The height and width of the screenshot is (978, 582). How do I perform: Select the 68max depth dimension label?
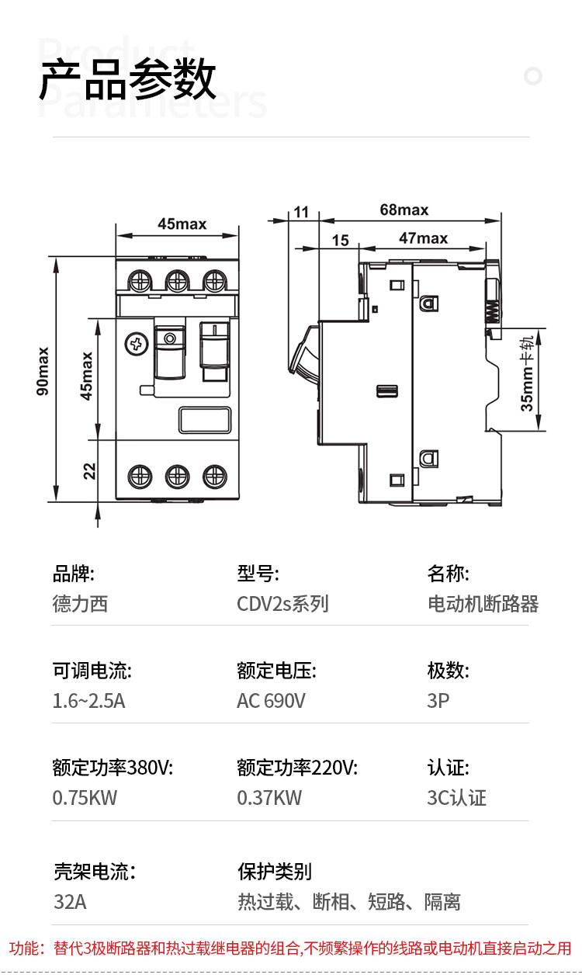pos(404,210)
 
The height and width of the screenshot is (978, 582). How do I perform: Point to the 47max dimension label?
pos(423,238)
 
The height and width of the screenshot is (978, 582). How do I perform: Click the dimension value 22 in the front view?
pos(90,470)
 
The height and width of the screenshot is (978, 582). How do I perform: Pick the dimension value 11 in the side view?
pos(301,212)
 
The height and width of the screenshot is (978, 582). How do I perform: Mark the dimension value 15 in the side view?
pos(340,241)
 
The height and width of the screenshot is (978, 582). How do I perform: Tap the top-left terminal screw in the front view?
pos(140,279)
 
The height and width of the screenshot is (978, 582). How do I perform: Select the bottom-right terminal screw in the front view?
pos(213,475)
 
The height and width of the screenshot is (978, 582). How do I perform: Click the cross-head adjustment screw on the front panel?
pos(137,343)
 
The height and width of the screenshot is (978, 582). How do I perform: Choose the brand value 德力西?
pos(80,604)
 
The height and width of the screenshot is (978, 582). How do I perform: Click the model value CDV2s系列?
pos(282,604)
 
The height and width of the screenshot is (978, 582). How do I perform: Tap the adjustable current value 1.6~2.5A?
pos(88,701)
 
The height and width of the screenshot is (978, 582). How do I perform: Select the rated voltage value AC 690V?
pos(271,701)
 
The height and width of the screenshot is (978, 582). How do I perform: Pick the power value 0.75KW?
pos(85,797)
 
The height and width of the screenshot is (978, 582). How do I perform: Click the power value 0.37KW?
pos(269,797)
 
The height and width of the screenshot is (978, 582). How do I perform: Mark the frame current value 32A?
pos(69,902)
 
